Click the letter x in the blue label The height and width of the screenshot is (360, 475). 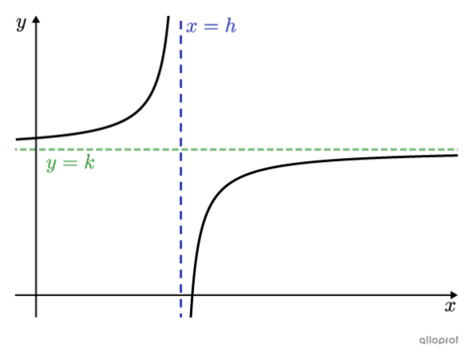(192, 28)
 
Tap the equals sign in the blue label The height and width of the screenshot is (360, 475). (211, 27)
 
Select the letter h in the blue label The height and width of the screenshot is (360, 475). (231, 26)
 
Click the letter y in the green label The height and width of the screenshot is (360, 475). (50, 165)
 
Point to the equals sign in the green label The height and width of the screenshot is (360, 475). (69, 163)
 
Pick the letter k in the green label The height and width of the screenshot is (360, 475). (89, 161)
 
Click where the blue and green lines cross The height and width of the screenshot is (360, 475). (181, 149)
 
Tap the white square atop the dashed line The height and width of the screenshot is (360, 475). (180, 18)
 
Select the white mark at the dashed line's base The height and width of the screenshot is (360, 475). (185, 316)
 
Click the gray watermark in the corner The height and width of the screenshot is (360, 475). (438, 340)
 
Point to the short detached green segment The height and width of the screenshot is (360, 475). (24, 149)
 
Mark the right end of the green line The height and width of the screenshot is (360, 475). (458, 149)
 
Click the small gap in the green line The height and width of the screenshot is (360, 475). (37, 149)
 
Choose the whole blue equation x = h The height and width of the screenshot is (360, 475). (211, 27)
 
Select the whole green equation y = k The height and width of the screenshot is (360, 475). (69, 163)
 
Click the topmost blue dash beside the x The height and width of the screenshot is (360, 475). (181, 27)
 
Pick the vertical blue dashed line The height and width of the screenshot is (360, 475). (181, 227)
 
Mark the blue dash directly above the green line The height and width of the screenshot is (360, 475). (181, 140)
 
